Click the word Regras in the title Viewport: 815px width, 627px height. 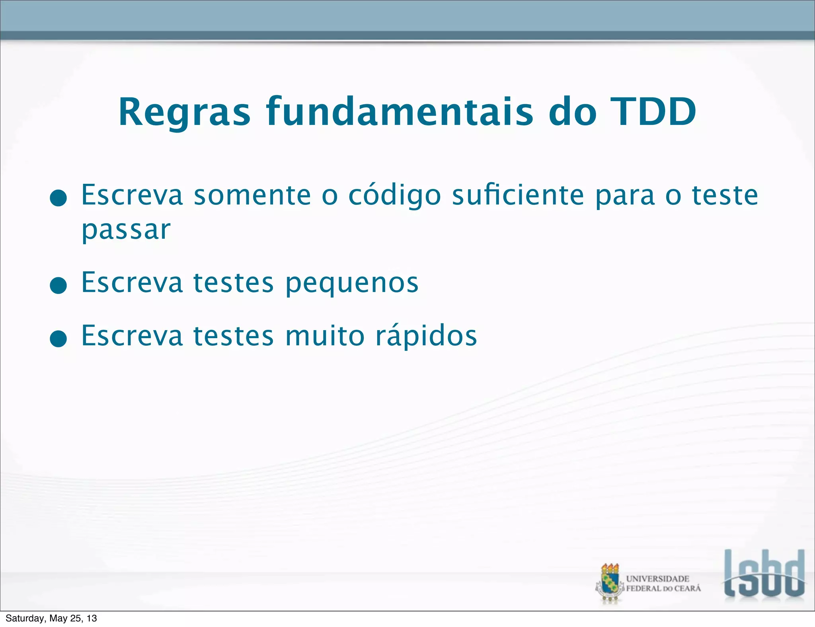click(184, 113)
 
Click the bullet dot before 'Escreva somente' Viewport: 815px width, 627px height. click(58, 198)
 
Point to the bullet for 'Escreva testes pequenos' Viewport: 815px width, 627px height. click(58, 285)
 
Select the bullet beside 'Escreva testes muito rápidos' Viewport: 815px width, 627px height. click(58, 339)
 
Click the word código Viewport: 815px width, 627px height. click(394, 196)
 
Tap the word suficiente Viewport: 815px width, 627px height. click(518, 195)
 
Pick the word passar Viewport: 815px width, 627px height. click(126, 230)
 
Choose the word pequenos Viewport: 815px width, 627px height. click(352, 283)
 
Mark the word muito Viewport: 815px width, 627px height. click(325, 336)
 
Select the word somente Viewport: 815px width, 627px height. click(252, 195)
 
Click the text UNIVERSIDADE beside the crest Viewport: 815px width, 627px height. click(657, 578)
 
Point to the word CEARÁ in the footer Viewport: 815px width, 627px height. click(687, 588)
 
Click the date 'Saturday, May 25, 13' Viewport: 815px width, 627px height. click(51, 618)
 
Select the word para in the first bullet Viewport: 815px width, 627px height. click(625, 196)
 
